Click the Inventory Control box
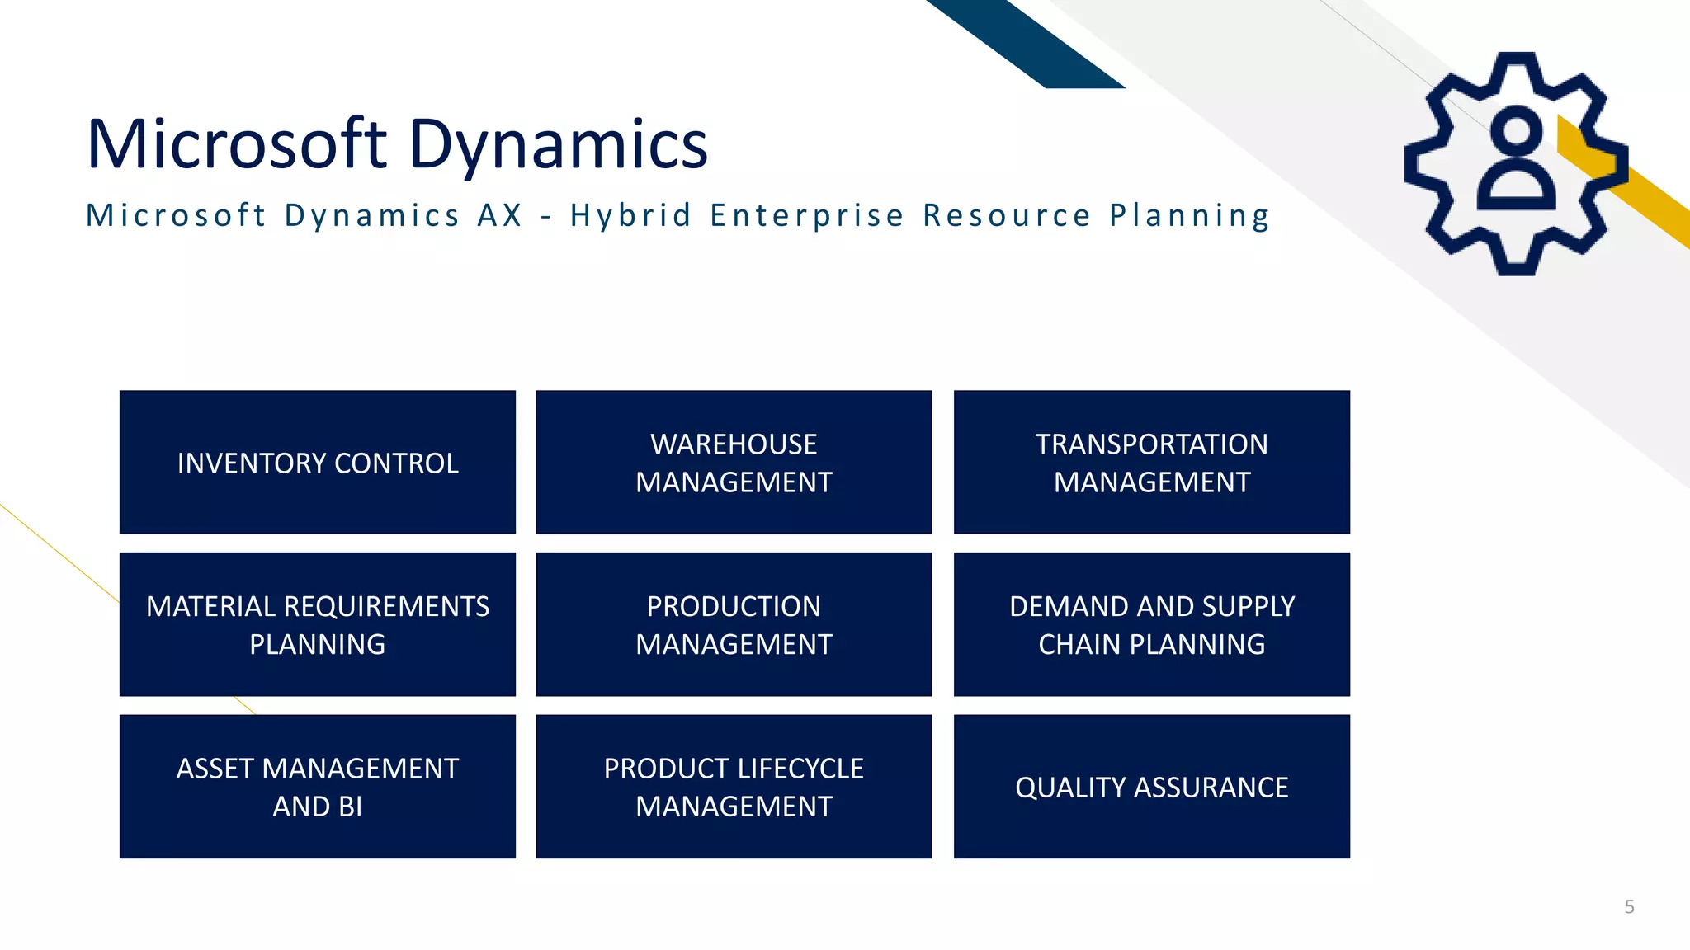(x=318, y=463)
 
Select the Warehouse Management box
(x=734, y=463)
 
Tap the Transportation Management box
(x=1151, y=463)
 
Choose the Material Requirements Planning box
(x=318, y=624)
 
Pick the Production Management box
(x=734, y=624)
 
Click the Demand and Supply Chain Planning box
(x=1151, y=624)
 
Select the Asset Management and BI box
(x=318, y=787)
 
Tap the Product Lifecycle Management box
(x=734, y=787)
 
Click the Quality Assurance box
(x=1151, y=787)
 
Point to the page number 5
(x=1629, y=907)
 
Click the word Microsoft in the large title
(x=237, y=143)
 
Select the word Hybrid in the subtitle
(x=630, y=215)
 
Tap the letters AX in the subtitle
(x=500, y=215)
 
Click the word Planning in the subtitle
(x=1189, y=216)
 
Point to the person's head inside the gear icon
(x=1517, y=132)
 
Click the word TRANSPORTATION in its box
(x=1151, y=444)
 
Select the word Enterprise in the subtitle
(x=807, y=216)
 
